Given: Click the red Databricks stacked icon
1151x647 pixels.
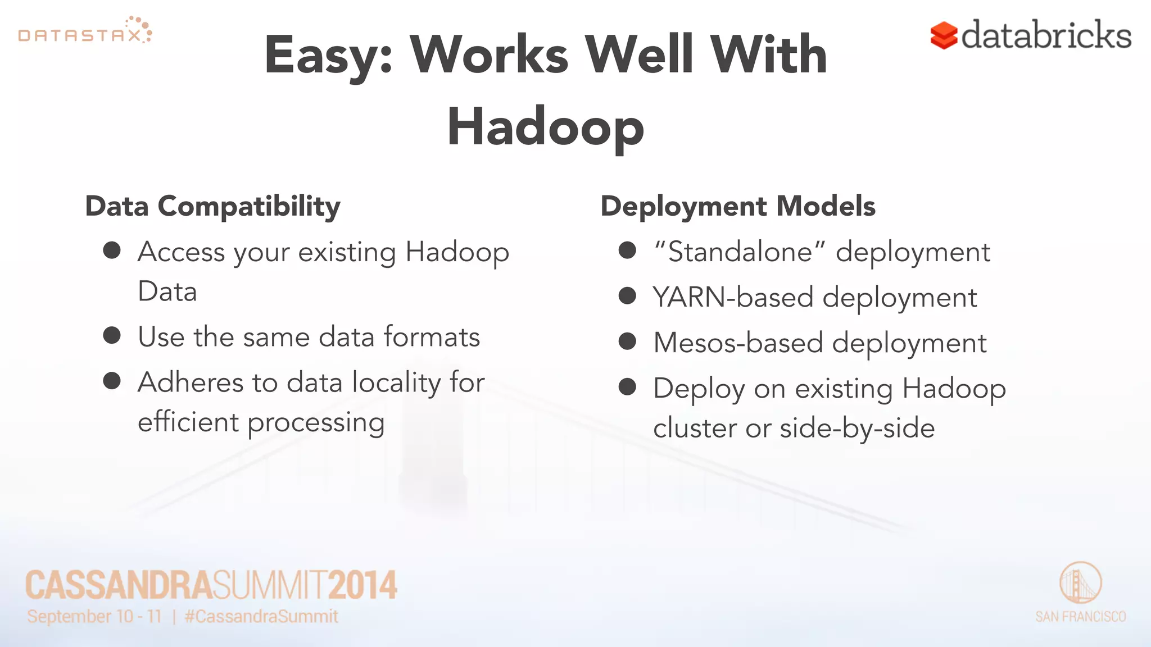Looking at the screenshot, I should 944,35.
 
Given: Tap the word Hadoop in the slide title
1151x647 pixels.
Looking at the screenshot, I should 545,127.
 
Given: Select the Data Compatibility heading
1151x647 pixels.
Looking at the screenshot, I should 212,206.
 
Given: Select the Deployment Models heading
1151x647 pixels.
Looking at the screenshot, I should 737,206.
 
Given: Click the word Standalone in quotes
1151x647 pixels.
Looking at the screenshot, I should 740,252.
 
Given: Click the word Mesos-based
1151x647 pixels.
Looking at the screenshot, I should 737,343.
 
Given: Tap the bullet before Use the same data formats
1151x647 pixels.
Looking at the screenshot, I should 112,335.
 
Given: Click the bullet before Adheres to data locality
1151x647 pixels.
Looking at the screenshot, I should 112,381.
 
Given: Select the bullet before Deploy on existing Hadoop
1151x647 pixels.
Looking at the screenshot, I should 627,387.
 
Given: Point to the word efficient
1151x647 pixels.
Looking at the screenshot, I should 188,422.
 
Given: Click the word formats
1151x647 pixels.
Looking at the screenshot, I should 432,337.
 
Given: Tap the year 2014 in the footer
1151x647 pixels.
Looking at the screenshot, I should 362,585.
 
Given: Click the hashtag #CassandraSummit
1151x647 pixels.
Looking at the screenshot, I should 261,617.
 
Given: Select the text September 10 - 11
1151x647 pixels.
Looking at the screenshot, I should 94,617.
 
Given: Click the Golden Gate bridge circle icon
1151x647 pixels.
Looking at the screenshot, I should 1080,582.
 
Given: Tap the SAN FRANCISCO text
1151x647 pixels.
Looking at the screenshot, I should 1080,617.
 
